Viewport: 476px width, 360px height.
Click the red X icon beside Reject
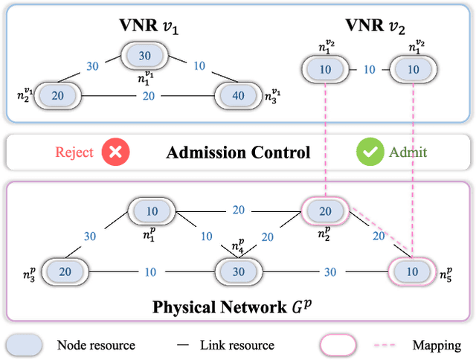[x=117, y=152]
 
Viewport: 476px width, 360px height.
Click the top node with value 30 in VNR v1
[x=145, y=57]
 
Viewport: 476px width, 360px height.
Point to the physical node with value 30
[x=238, y=272]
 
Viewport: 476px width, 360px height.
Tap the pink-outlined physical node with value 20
[x=325, y=211]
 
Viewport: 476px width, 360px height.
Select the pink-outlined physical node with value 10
[x=412, y=272]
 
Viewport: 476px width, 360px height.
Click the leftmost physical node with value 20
[x=65, y=272]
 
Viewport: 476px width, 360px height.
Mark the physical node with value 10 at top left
[x=151, y=211]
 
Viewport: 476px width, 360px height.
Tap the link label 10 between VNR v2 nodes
[x=368, y=69]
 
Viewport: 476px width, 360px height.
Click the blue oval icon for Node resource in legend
[x=25, y=345]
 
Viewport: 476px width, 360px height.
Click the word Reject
[x=74, y=152]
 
